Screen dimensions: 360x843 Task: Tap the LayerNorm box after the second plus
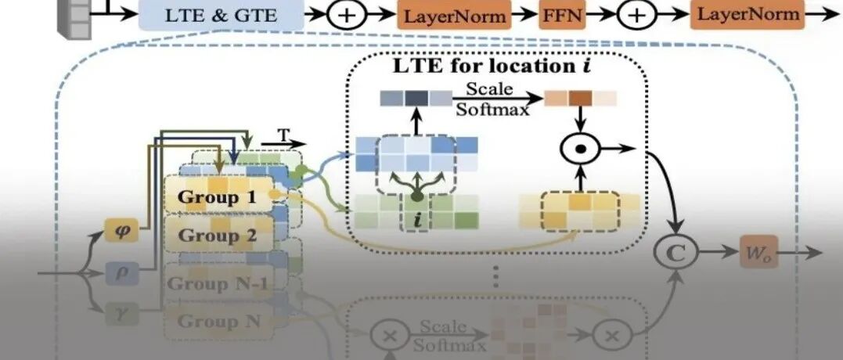tap(748, 13)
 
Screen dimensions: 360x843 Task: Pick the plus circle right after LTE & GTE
tap(346, 15)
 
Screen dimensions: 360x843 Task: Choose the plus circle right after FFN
tap(639, 15)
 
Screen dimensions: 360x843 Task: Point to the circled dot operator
tap(580, 146)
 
